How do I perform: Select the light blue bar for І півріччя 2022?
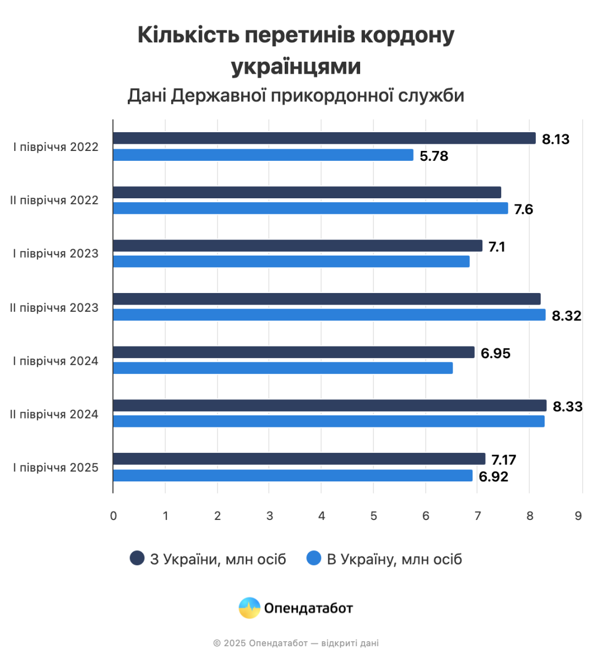(263, 155)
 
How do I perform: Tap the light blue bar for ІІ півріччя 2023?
(329, 315)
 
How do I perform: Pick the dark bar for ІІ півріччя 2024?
(329, 405)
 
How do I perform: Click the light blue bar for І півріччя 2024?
(283, 368)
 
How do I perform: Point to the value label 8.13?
(555, 139)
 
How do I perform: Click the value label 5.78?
(434, 156)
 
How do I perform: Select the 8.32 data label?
(566, 316)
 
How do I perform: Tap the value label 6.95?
(495, 354)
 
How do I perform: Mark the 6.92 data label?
(493, 477)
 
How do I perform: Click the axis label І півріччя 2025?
(56, 468)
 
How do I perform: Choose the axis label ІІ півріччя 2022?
(54, 201)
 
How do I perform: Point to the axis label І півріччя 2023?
(56, 254)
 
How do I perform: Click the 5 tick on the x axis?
(373, 516)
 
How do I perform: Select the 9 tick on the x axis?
(578, 516)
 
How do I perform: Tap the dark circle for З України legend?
(137, 558)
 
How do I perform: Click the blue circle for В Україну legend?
(313, 558)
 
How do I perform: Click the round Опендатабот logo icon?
(249, 608)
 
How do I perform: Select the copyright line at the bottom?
(296, 643)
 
